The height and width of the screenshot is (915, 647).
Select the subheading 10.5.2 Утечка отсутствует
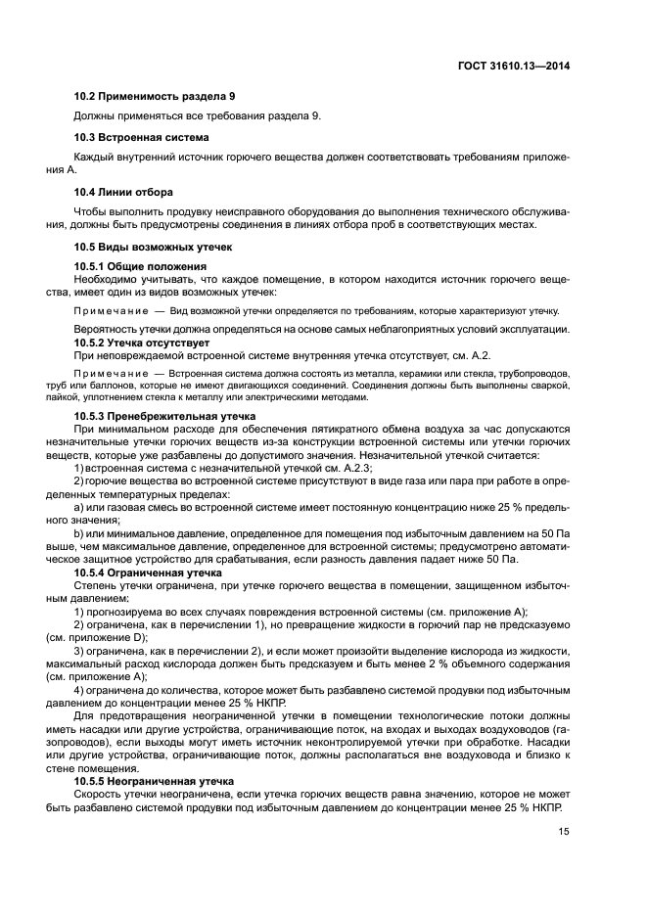click(x=142, y=343)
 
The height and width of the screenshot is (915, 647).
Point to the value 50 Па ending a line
click(x=553, y=529)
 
